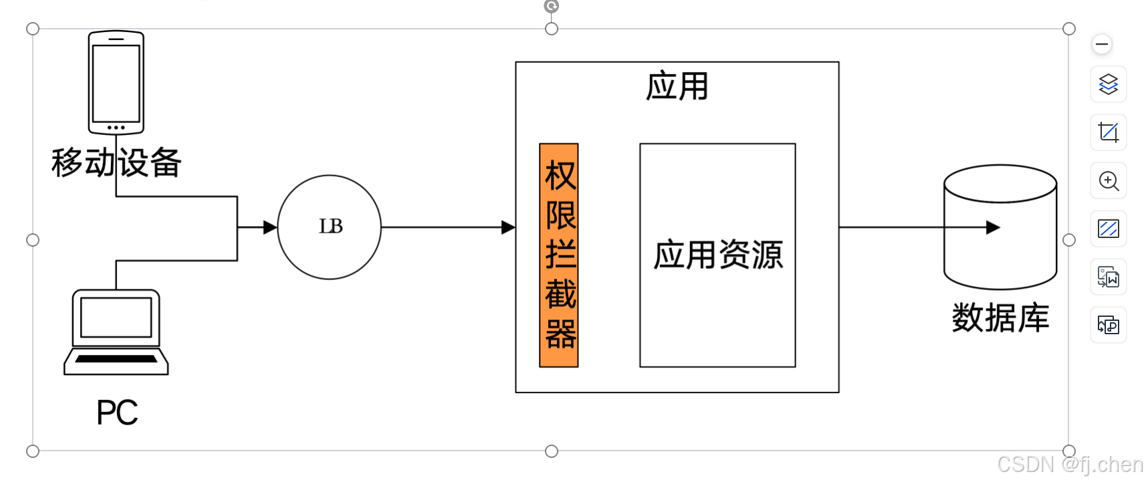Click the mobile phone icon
pos(116,82)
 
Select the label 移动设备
pos(116,162)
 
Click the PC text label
pos(117,412)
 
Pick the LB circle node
pos(329,227)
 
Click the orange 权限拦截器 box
pos(559,255)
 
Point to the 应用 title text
pos(677,87)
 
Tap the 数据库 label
pos(1000,318)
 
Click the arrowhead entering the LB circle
pos(270,227)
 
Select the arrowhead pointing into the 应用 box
pos(508,227)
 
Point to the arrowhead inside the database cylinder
pos(993,227)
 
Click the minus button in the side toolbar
pos(1102,45)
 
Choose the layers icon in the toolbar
pos(1109,84)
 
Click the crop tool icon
pos(1109,132)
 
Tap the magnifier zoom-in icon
pos(1109,180)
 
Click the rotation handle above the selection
pos(552,6)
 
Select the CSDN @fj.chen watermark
pos(1070,465)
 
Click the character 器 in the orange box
pos(560,334)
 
